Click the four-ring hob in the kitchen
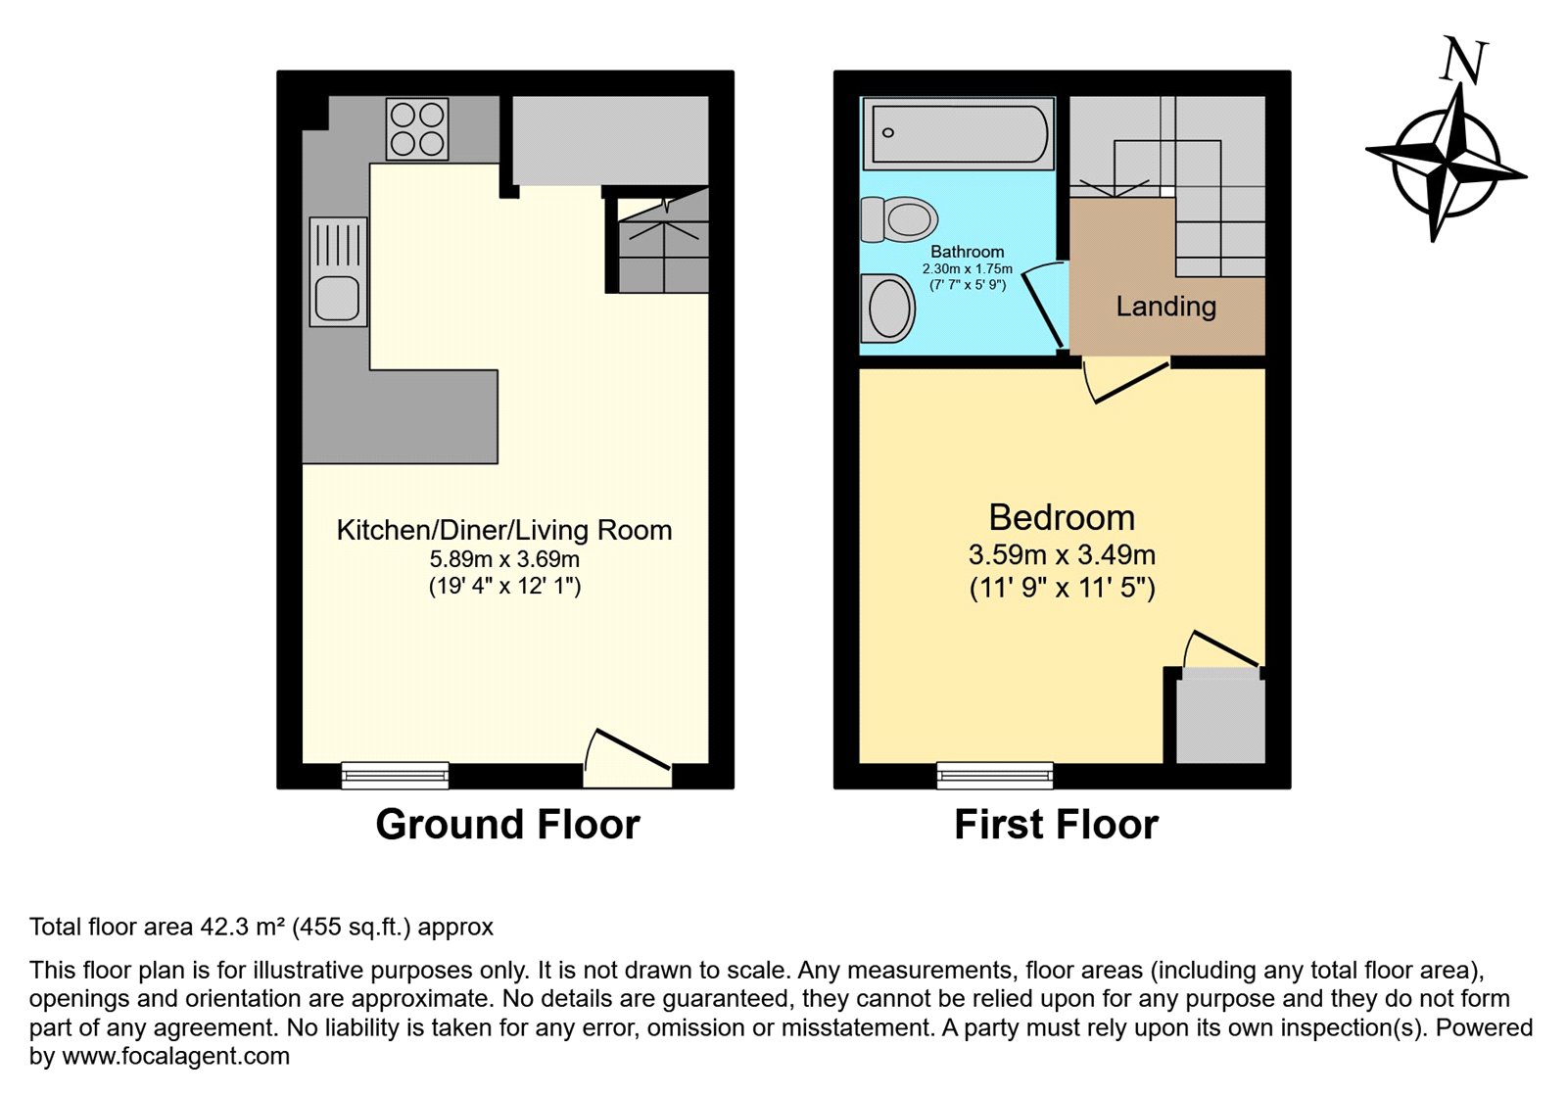[417, 128]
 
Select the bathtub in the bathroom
[959, 133]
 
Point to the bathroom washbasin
[888, 309]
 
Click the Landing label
[1166, 307]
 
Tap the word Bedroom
[1062, 517]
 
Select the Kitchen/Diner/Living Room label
[504, 530]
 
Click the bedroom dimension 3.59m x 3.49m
[1062, 554]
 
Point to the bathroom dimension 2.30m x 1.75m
[968, 268]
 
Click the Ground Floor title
[508, 824]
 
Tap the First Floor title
[1057, 824]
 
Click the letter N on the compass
[1462, 60]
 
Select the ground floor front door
[628, 759]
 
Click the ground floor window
[396, 776]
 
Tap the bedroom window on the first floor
[995, 776]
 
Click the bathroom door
[1042, 310]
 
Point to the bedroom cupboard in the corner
[1220, 715]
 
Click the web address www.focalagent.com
[175, 1056]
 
